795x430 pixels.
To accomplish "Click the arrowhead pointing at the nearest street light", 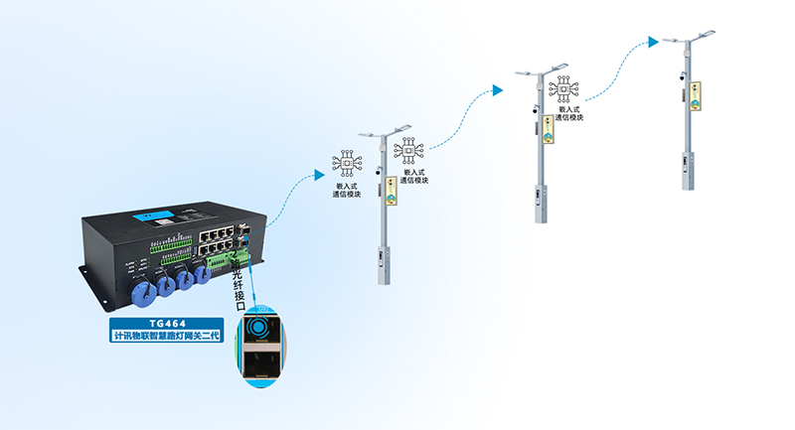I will [319, 175].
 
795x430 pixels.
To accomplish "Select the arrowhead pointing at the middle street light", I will [497, 91].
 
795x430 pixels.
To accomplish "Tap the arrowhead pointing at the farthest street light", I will [653, 42].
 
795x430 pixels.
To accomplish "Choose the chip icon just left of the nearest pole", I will [347, 162].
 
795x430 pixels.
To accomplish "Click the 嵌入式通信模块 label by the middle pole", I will [569, 113].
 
